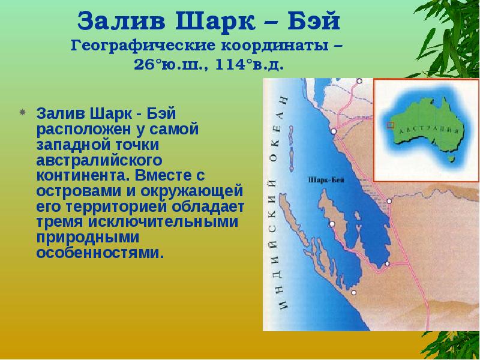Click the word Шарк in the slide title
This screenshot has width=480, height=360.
click(x=215, y=23)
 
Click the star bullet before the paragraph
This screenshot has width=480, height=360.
click(x=22, y=112)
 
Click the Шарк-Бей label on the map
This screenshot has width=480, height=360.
click(x=325, y=179)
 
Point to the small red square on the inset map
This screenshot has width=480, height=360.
click(x=390, y=125)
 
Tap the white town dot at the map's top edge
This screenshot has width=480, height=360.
click(x=359, y=80)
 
